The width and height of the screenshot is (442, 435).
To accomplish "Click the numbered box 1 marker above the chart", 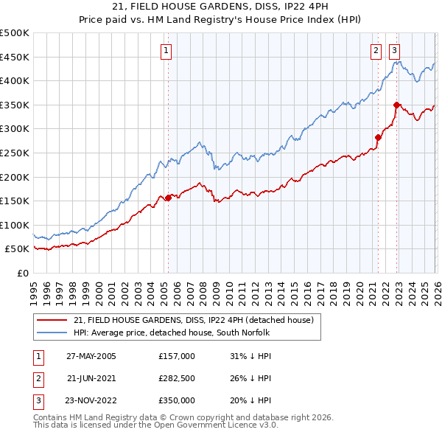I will pyautogui.click(x=166, y=51).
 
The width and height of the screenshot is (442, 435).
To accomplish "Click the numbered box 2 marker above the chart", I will pyautogui.click(x=376, y=51).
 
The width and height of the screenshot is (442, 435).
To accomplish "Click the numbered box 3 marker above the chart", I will pyautogui.click(x=395, y=51).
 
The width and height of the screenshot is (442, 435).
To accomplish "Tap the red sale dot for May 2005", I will pyautogui.click(x=168, y=197).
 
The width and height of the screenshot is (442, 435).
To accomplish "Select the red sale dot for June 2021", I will pyautogui.click(x=378, y=136).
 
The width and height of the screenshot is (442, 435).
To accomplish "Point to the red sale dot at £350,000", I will pyautogui.click(x=396, y=105).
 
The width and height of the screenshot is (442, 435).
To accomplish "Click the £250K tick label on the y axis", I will pyautogui.click(x=15, y=153).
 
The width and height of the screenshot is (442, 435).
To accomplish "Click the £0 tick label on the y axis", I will pyautogui.click(x=23, y=273).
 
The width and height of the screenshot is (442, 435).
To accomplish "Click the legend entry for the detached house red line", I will pyautogui.click(x=194, y=320).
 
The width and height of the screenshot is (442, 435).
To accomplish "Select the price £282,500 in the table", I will pyautogui.click(x=177, y=378).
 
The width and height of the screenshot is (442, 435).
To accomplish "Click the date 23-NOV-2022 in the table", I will pyautogui.click(x=91, y=400).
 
